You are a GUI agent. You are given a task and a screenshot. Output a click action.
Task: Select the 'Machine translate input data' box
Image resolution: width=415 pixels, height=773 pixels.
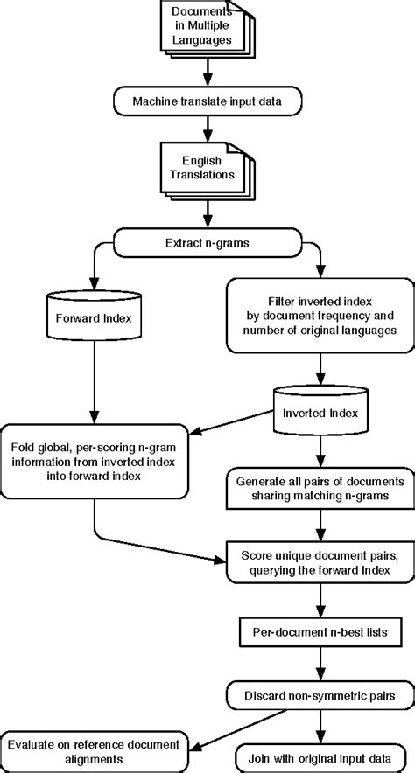tap(207, 101)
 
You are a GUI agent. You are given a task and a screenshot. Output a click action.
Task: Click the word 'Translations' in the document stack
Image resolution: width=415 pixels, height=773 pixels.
tap(205, 175)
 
